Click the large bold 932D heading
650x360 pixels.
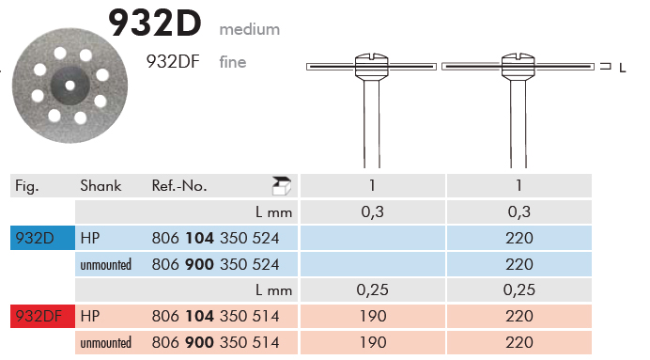[x=155, y=23]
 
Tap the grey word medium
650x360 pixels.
[x=250, y=29]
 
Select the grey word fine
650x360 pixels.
[x=233, y=62]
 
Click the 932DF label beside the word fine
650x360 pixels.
[x=173, y=62]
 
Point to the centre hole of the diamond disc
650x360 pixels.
[x=70, y=86]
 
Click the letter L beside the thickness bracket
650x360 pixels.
[x=622, y=68]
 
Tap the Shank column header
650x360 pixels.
[x=101, y=186]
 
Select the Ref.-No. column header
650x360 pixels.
[x=179, y=186]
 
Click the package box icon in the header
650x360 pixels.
[x=282, y=185]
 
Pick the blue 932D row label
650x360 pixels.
[x=42, y=238]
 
